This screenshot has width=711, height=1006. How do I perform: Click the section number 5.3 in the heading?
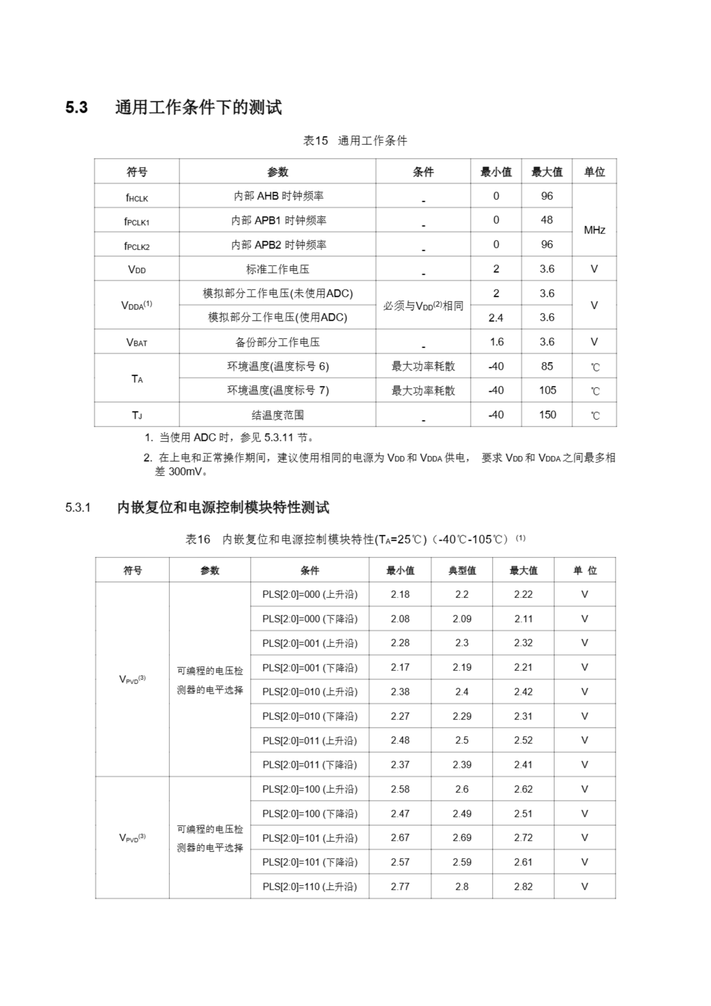pyautogui.click(x=77, y=108)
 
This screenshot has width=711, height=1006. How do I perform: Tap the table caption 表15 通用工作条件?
pyautogui.click(x=355, y=141)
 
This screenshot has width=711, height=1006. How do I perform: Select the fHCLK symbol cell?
pyautogui.click(x=137, y=197)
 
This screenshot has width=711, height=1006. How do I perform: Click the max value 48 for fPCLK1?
pyautogui.click(x=546, y=220)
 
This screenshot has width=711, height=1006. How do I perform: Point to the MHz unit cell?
pyautogui.click(x=594, y=230)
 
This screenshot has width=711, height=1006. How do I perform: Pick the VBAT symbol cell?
pyautogui.click(x=137, y=342)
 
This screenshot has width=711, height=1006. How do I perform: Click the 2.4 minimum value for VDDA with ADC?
pyautogui.click(x=495, y=318)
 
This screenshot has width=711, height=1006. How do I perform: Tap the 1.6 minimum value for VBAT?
pyautogui.click(x=497, y=342)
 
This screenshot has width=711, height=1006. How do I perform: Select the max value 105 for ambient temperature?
pyautogui.click(x=547, y=390)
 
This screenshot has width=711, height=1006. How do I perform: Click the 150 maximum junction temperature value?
pyautogui.click(x=547, y=415)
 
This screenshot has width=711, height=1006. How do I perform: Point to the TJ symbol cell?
pyautogui.click(x=137, y=415)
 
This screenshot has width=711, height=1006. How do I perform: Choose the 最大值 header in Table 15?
pyautogui.click(x=546, y=172)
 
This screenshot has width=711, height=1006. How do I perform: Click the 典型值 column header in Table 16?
pyautogui.click(x=462, y=571)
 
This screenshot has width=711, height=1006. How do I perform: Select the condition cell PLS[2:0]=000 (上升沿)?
pyautogui.click(x=310, y=595)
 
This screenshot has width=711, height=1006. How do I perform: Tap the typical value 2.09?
pyautogui.click(x=462, y=619)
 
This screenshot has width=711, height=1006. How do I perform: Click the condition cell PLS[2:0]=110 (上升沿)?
pyautogui.click(x=310, y=887)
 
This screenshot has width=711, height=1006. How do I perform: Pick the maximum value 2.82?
pyautogui.click(x=523, y=887)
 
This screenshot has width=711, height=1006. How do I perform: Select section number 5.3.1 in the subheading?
pyautogui.click(x=78, y=508)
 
